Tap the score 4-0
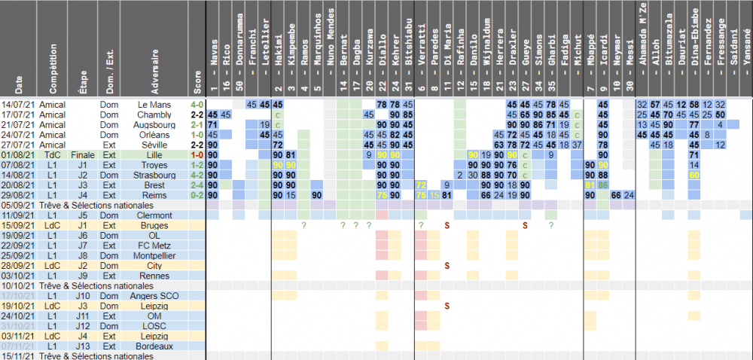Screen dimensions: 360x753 (197, 103)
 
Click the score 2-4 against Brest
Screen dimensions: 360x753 (197, 185)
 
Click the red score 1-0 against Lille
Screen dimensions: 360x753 (197, 154)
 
